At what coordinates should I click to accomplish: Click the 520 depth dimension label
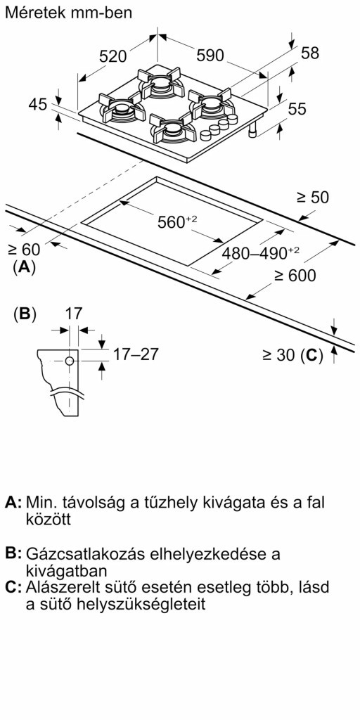(x=113, y=56)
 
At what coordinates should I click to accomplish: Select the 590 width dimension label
(x=210, y=56)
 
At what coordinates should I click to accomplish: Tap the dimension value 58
(x=310, y=53)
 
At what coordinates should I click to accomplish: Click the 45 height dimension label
(x=38, y=105)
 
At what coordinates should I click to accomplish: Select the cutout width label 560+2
(x=176, y=222)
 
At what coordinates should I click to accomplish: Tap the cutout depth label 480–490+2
(x=260, y=252)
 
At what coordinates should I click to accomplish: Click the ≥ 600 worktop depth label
(x=295, y=276)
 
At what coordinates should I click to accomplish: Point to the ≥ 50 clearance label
(x=313, y=198)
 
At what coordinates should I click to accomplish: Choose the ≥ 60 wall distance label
(x=24, y=250)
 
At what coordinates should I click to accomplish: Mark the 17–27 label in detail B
(x=136, y=354)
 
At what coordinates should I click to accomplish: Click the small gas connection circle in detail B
(x=70, y=361)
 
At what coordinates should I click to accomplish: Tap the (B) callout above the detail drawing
(x=25, y=314)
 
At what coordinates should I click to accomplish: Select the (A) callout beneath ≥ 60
(x=25, y=267)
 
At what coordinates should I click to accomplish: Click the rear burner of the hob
(x=161, y=83)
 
